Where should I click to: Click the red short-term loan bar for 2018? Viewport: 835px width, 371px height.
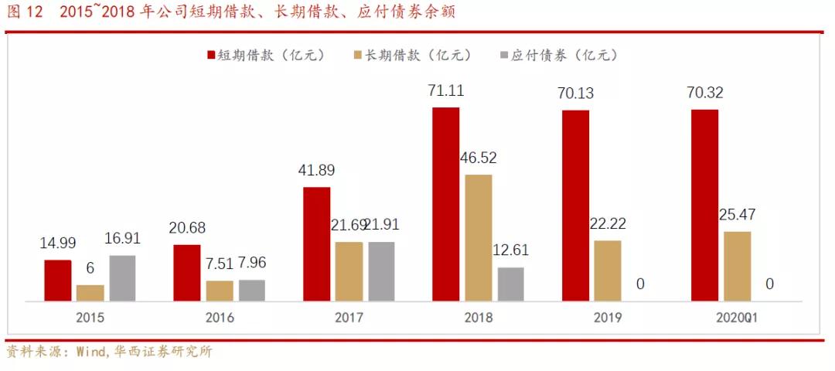445,203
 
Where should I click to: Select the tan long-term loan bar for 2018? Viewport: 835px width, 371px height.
478,237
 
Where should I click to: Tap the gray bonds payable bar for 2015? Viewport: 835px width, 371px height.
122,277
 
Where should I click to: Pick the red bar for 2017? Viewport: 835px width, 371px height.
316,243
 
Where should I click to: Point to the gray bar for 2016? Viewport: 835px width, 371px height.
251,290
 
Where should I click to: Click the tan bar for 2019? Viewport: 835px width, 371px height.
607,271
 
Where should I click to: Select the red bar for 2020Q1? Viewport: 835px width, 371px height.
704,205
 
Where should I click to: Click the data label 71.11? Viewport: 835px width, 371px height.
446,91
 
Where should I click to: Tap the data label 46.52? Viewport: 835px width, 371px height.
479,158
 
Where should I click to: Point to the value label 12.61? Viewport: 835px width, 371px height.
511,251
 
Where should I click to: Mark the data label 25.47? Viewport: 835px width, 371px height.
737,215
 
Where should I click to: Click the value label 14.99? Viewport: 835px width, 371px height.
58,243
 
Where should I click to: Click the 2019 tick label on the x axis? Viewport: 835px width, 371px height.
608,318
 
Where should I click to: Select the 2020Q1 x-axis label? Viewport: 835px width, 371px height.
737,318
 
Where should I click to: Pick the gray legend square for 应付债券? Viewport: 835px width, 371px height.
505,55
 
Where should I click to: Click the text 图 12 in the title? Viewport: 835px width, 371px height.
23,13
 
